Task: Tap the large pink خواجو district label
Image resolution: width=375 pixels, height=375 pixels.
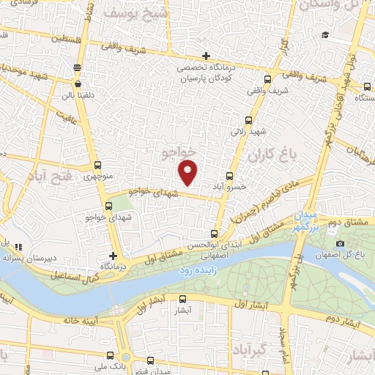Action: (179, 152)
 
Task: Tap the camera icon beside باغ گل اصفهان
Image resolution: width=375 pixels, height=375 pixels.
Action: (340, 244)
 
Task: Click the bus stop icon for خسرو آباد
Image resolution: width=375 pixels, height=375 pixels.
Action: (230, 176)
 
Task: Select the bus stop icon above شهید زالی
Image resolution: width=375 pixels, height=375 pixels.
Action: (248, 121)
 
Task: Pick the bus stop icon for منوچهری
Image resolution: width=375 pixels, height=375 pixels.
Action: (99, 166)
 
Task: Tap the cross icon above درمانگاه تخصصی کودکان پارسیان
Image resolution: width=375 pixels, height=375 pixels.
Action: (207, 56)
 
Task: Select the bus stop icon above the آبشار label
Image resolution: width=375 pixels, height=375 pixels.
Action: (182, 299)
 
